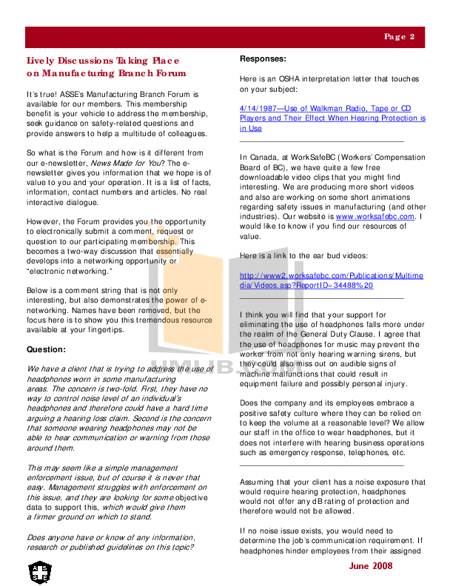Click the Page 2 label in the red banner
pos(399,36)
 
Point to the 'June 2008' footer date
pos(371,565)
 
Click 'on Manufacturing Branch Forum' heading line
pos(106,73)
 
